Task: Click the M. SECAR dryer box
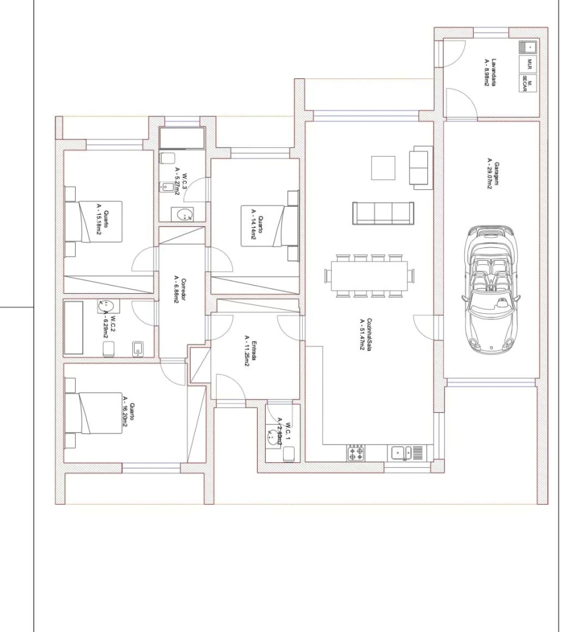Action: pyautogui.click(x=528, y=83)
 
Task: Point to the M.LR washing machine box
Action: pyautogui.click(x=529, y=64)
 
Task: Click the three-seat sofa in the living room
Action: pyautogui.click(x=383, y=214)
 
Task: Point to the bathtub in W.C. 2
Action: pyautogui.click(x=75, y=328)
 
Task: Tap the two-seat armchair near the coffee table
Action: pyautogui.click(x=420, y=166)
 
